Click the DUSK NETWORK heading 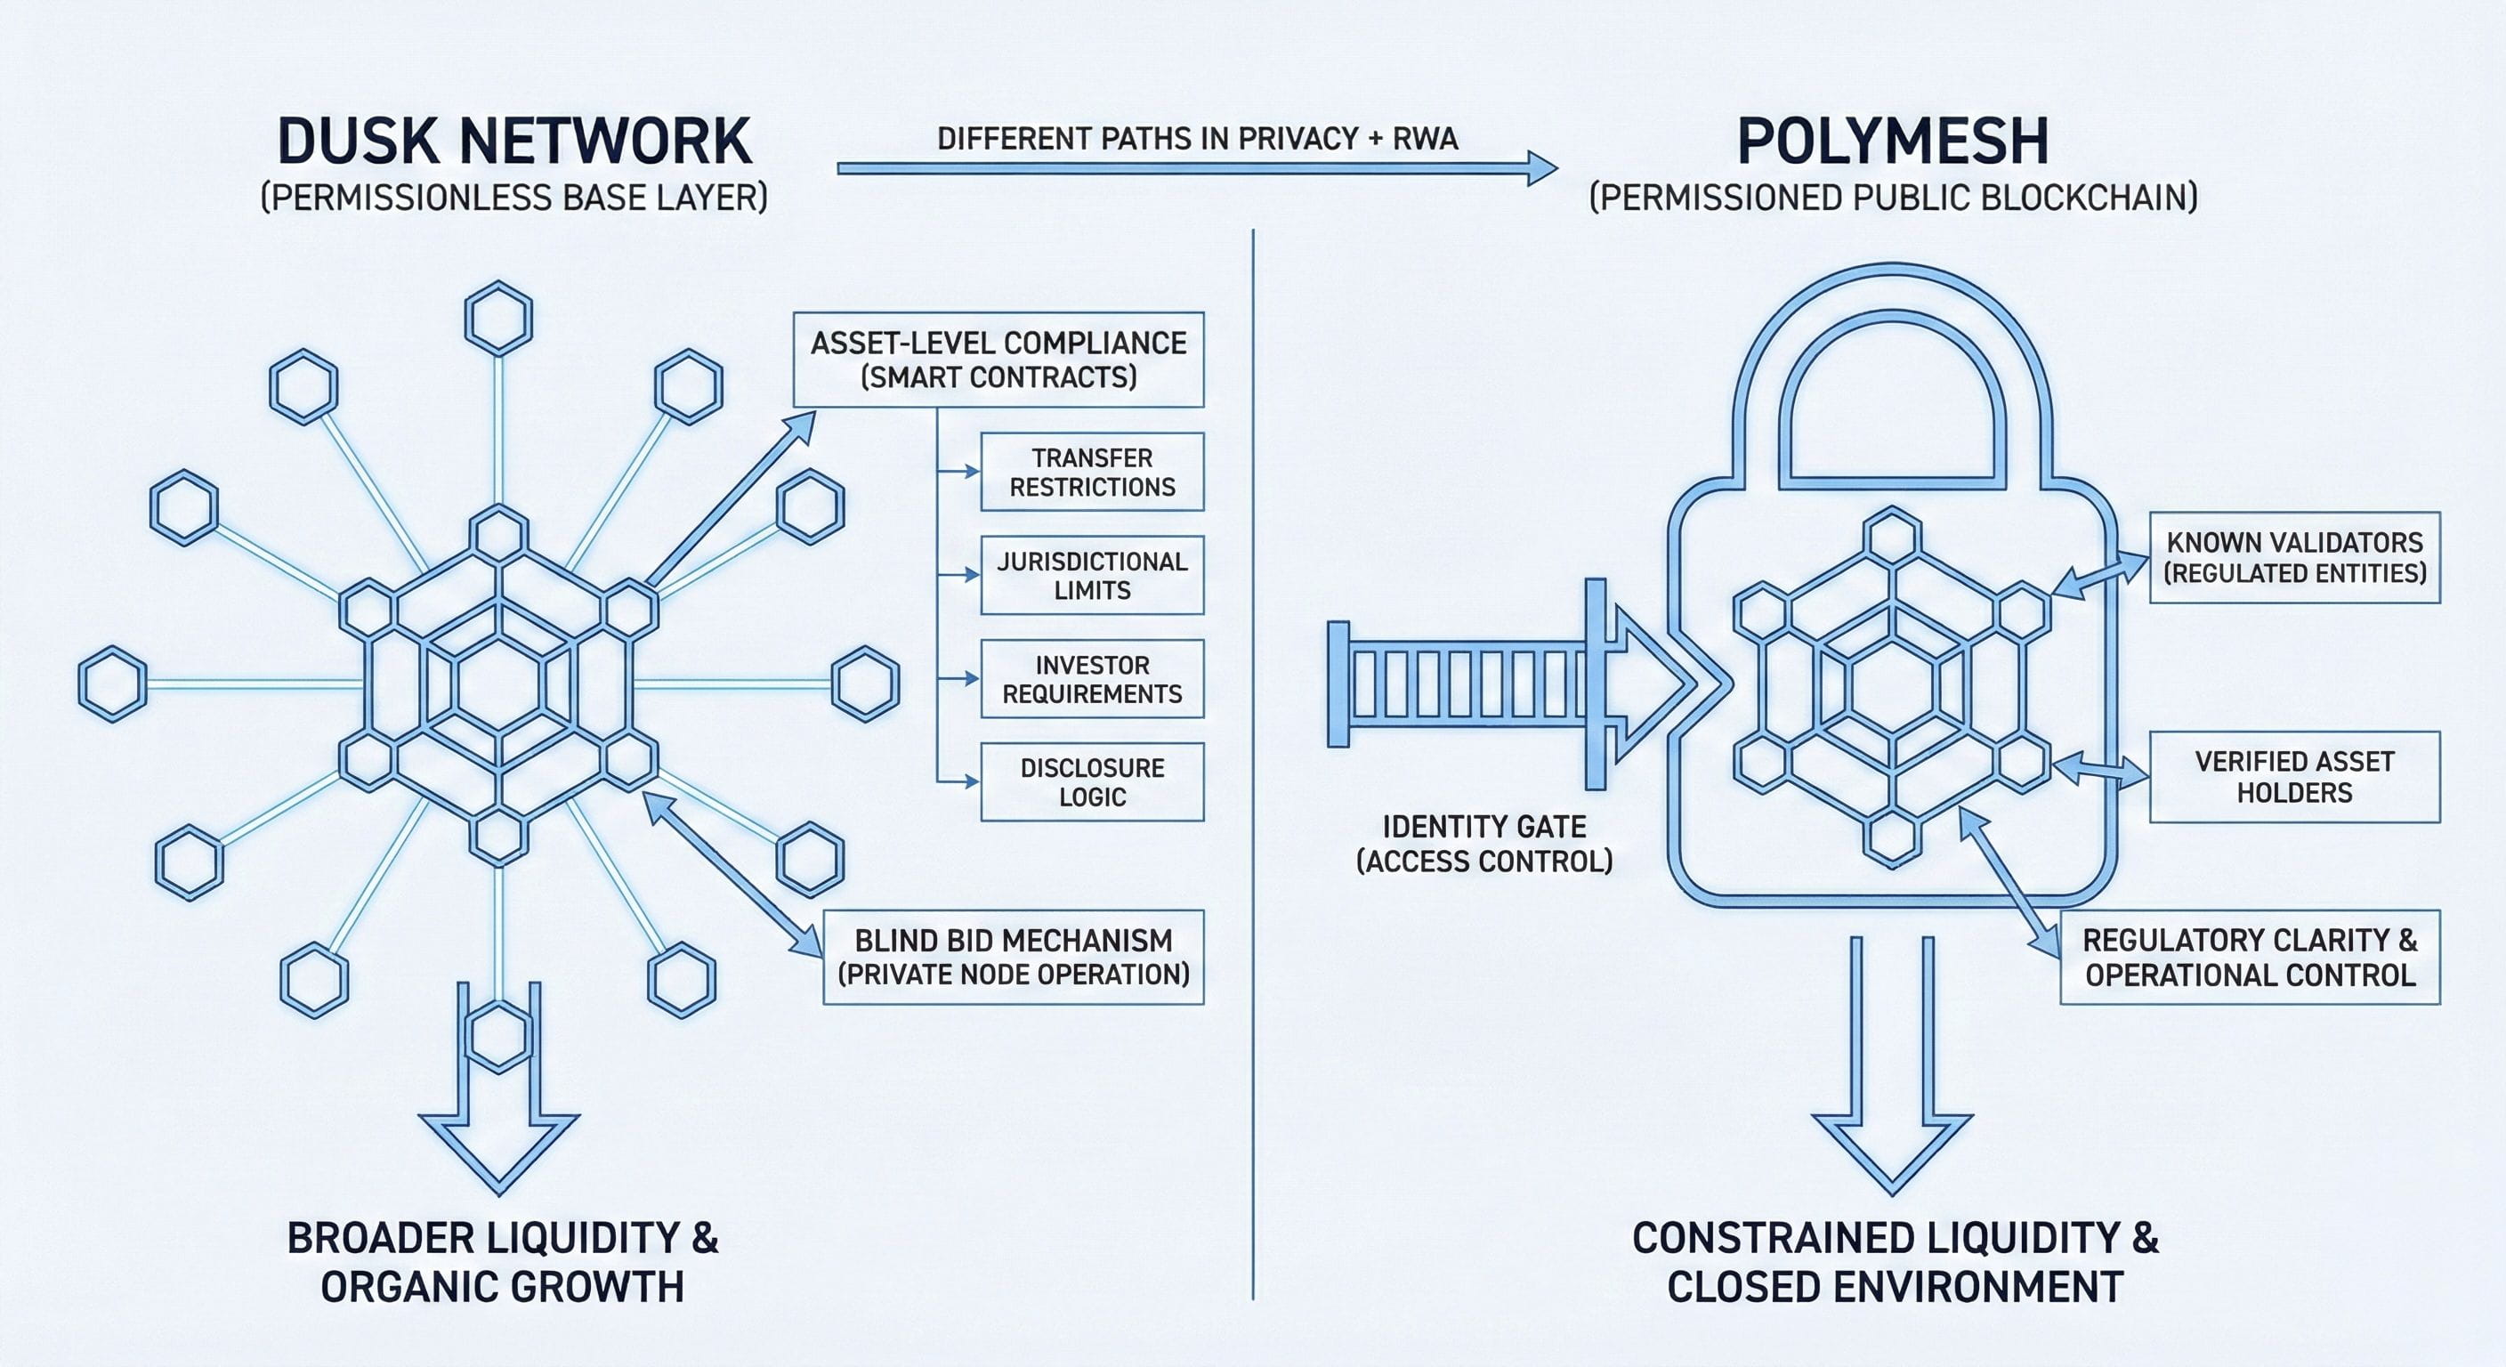click(x=513, y=142)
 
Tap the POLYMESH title click(x=1892, y=142)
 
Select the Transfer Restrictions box click(x=1092, y=472)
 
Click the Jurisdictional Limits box click(x=1092, y=575)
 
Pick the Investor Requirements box click(x=1092, y=679)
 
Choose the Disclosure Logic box click(x=1092, y=782)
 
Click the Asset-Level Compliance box click(x=998, y=359)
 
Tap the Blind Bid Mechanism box click(x=1013, y=957)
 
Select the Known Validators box click(x=2294, y=557)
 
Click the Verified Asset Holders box click(x=2294, y=776)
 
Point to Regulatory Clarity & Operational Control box click(x=2249, y=957)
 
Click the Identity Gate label click(x=1483, y=844)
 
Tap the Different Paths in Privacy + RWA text click(x=1197, y=139)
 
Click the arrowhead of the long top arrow click(x=1540, y=168)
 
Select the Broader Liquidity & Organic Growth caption click(x=502, y=1262)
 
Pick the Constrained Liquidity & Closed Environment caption click(x=1894, y=1262)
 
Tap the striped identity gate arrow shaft click(x=1459, y=685)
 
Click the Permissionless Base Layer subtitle click(x=513, y=198)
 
